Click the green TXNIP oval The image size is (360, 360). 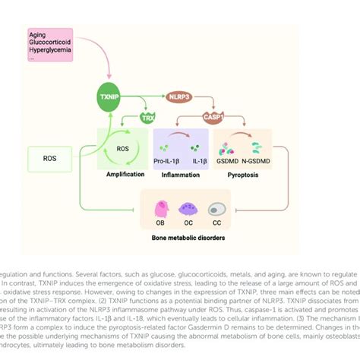click(111, 98)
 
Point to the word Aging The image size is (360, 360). click(37, 35)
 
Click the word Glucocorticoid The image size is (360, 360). click(50, 43)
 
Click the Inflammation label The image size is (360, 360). click(182, 174)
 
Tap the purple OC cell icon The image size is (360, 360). click(188, 209)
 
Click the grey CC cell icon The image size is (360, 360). click(216, 209)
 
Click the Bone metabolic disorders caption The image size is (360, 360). click(188, 236)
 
